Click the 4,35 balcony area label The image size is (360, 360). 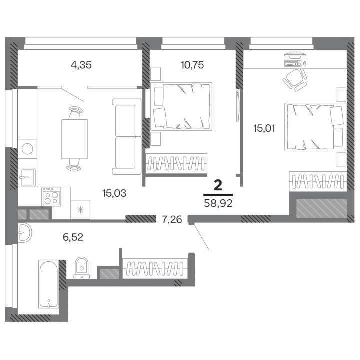coord(81,65)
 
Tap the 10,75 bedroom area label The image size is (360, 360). coord(192,65)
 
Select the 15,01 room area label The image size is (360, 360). coord(264,128)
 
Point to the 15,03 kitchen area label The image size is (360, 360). coord(114,193)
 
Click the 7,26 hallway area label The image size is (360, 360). coord(172,220)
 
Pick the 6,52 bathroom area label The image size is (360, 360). coord(73,237)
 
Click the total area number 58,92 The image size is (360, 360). coord(218,203)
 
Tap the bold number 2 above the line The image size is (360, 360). coord(218,185)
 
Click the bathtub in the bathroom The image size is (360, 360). coord(48,284)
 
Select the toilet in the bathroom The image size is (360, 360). coord(82,268)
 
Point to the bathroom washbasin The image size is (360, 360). coord(25,233)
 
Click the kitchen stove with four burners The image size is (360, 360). coord(51,197)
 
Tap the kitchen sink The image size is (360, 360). coord(27,177)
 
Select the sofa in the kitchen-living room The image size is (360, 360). coord(127,137)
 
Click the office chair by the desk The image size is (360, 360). coord(295,80)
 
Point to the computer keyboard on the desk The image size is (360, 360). coord(292,63)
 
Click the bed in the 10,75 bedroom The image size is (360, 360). coord(181,106)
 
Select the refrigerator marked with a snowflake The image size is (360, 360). coord(80,210)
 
